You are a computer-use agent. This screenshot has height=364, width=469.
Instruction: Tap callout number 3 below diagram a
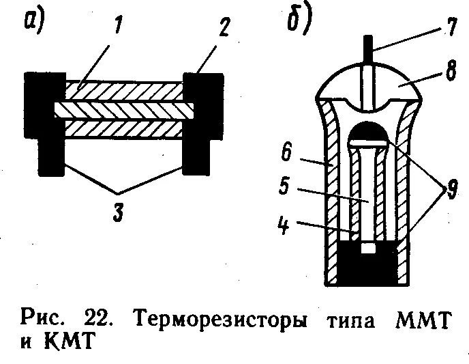(x=118, y=213)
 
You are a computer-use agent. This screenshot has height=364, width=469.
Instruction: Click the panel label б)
(x=297, y=22)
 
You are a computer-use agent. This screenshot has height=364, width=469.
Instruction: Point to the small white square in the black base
(x=369, y=249)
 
